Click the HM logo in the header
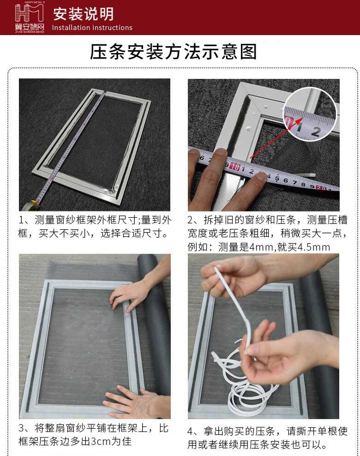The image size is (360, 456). (30, 17)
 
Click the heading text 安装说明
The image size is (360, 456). (83, 14)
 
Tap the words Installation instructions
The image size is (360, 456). (92, 28)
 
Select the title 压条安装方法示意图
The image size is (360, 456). (174, 52)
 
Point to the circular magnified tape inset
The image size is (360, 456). (310, 114)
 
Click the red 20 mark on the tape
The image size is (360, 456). (321, 187)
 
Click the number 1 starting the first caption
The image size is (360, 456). (21, 220)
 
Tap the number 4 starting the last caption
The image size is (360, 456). (190, 431)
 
